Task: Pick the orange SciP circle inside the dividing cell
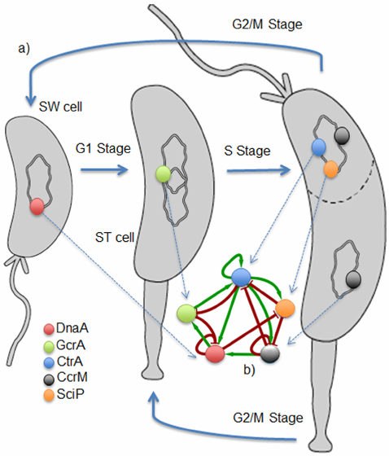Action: coord(330,170)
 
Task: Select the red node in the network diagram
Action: coord(214,353)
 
